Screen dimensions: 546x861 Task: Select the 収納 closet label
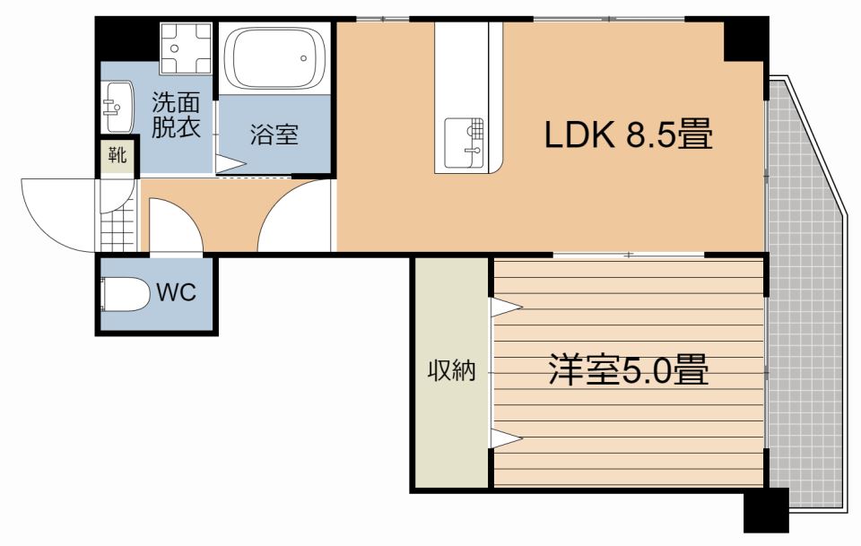click(450, 369)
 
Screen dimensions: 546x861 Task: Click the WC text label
click(176, 292)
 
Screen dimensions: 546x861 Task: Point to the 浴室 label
click(274, 135)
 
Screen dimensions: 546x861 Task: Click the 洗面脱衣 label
click(175, 115)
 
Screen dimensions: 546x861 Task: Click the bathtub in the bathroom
click(274, 57)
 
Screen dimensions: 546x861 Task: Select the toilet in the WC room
click(126, 294)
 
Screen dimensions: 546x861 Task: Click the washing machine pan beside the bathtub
click(185, 48)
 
